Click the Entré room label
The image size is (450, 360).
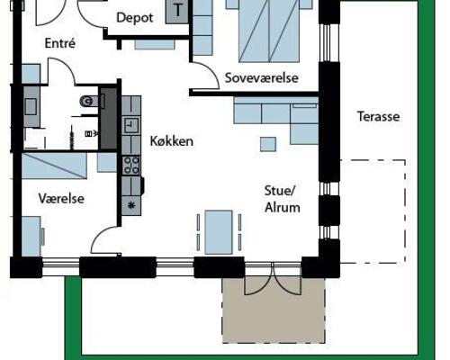point(60,43)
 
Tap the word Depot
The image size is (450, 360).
point(135,18)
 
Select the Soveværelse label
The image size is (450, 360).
point(262,78)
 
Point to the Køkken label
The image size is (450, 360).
point(172,141)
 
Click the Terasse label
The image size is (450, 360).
point(378,116)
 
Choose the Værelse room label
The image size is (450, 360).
point(61,199)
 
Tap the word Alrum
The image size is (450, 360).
point(283,208)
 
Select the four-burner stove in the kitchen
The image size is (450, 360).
point(131,166)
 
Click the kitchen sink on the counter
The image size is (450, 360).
point(131,125)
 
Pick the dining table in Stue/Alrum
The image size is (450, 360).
point(219,232)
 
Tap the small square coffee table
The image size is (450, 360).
point(268,144)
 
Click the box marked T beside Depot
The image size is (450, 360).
point(177,11)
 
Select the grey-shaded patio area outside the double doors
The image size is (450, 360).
point(274,310)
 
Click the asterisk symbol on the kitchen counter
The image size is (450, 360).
point(131,205)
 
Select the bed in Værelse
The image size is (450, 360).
point(54,166)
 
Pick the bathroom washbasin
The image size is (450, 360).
point(31,107)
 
